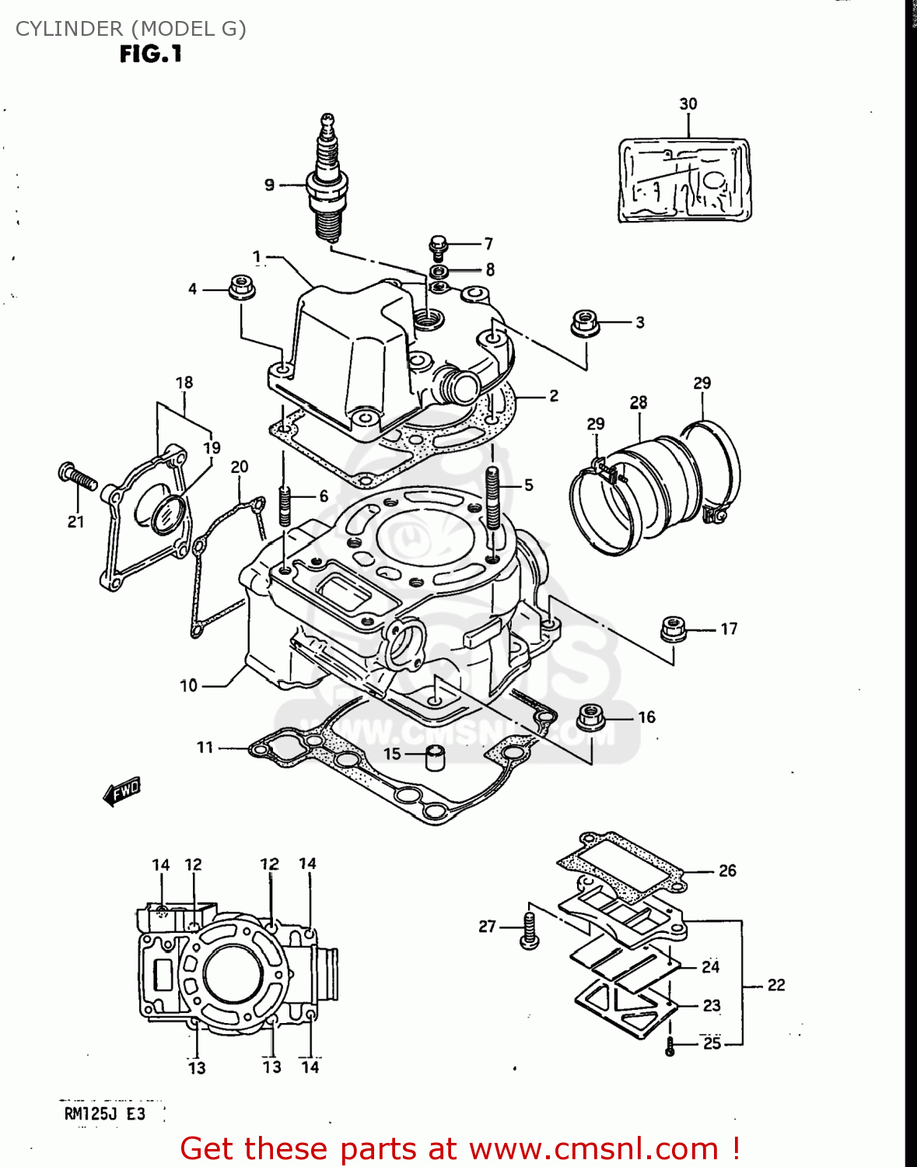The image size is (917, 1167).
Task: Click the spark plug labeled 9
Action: tap(327, 183)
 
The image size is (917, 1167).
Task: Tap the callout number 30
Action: tap(688, 104)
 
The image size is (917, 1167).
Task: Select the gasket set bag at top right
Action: tap(684, 180)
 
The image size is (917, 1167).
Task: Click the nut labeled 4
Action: tap(242, 286)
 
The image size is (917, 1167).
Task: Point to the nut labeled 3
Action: tap(584, 322)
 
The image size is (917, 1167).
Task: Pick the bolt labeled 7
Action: tap(439, 246)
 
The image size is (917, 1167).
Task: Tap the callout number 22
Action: tap(775, 985)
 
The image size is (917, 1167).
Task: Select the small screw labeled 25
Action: tap(670, 1046)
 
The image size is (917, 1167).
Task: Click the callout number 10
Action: tap(189, 685)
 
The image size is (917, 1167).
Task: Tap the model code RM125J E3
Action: tap(104, 1113)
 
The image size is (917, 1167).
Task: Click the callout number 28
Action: tap(638, 402)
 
